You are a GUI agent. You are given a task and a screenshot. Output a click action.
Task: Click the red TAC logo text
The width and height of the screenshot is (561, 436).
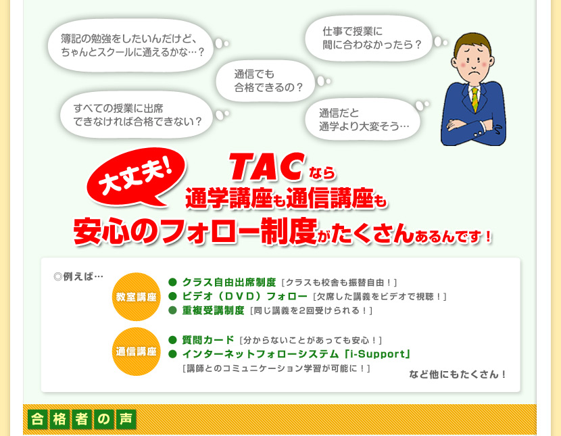[266, 167]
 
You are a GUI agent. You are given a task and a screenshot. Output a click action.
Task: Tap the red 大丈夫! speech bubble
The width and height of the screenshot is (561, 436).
[137, 177]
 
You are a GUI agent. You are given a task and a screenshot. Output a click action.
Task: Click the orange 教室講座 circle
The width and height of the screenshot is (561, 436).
[137, 297]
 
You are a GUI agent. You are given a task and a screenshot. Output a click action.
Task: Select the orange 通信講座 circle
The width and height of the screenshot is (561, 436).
[137, 352]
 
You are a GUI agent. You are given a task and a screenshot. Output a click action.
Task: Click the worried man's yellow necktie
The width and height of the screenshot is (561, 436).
[474, 99]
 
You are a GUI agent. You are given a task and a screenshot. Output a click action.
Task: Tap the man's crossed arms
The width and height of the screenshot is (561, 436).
[472, 126]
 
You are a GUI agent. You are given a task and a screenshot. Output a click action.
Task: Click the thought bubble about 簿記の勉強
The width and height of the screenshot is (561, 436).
[131, 45]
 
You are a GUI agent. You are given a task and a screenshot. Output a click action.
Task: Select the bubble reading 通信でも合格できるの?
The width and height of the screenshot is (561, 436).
[266, 81]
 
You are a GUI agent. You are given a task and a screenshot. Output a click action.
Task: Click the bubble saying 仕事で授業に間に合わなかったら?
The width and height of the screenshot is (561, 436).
[369, 39]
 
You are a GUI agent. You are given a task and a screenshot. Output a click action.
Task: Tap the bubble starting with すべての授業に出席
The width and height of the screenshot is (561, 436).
[137, 115]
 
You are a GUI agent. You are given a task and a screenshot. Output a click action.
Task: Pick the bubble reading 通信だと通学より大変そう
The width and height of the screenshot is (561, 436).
[362, 120]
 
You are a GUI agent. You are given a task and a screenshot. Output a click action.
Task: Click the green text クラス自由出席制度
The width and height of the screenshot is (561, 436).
[229, 282]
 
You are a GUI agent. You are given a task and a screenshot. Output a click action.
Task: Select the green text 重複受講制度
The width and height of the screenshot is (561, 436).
[213, 310]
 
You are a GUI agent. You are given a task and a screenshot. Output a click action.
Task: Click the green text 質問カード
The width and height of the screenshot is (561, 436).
[208, 340]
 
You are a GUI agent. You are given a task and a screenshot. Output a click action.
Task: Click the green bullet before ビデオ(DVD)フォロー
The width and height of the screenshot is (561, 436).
[173, 296]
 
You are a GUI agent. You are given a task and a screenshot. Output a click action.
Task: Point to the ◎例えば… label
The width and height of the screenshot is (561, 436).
[78, 276]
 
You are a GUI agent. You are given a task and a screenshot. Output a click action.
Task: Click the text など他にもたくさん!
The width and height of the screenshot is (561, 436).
[457, 374]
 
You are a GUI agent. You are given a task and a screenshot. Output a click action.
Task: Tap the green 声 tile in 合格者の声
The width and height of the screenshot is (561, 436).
[126, 419]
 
